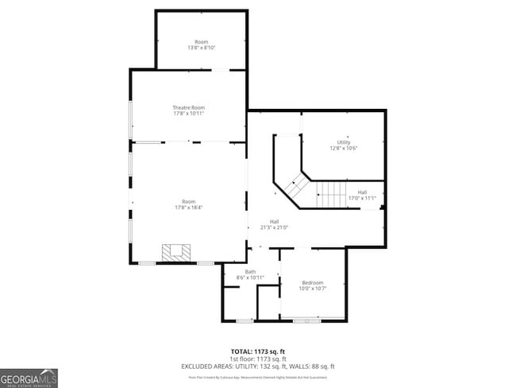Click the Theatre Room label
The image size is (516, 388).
[189, 107]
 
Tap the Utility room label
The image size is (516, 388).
[344, 142]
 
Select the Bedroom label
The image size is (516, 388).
[312, 282]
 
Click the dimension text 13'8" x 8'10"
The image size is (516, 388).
[202, 48]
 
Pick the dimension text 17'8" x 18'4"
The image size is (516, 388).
[189, 208]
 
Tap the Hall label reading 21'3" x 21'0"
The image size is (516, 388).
[274, 227]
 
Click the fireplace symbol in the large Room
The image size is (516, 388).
[177, 252]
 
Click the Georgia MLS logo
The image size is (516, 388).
[29, 377]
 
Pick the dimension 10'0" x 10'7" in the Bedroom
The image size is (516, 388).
[312, 288]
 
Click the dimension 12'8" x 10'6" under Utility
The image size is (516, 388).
[344, 149]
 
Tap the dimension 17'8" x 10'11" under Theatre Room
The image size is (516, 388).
[189, 114]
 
